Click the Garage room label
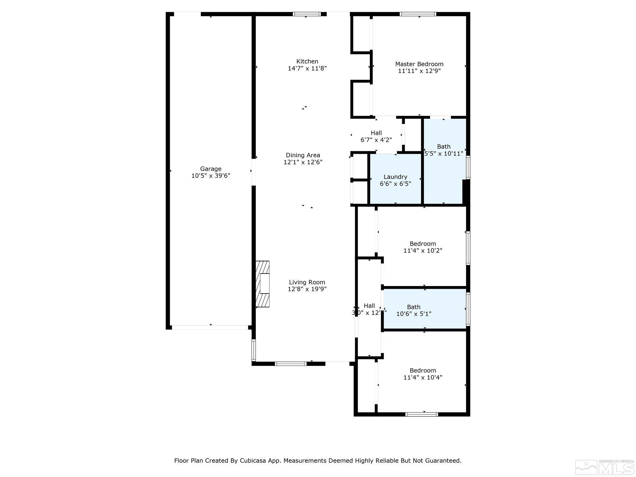coord(211,169)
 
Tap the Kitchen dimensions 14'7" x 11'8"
coord(307,68)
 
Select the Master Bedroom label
coord(419,64)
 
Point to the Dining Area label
coord(303,155)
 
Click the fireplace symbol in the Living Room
coord(263,284)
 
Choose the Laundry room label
coord(395,177)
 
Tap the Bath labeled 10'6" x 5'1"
coord(414,310)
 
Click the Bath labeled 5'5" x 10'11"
coord(443,150)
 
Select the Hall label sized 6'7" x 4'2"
coord(376,133)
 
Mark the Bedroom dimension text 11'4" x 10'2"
coord(423,251)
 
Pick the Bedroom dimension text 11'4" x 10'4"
coord(423,377)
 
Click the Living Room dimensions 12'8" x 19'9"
coord(307,289)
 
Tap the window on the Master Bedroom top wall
coord(418,14)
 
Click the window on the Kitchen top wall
coord(307,14)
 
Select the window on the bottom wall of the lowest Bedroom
coord(421,414)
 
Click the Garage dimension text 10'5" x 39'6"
coord(211,176)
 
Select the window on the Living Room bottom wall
coord(291,364)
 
